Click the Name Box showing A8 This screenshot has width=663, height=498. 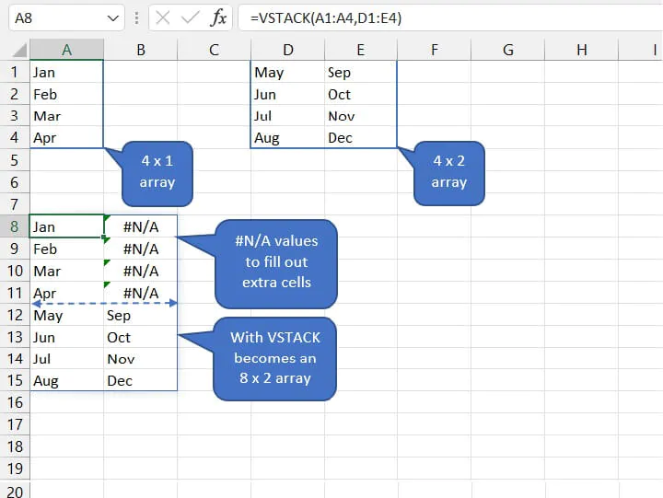click(66, 17)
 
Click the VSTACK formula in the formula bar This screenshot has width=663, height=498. click(326, 17)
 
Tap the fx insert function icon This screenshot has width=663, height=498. click(218, 17)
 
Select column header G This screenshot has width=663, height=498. click(507, 50)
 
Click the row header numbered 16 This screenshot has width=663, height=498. click(15, 402)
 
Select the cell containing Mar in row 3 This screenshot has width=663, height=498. click(66, 116)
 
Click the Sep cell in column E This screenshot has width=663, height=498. click(361, 73)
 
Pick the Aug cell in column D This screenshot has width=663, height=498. click(287, 138)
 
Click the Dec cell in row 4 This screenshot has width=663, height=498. click(361, 138)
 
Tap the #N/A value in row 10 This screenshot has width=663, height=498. click(141, 271)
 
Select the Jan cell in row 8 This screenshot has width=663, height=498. click(66, 226)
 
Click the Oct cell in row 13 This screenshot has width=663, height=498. click(140, 337)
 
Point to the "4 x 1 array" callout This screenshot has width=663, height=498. click(157, 173)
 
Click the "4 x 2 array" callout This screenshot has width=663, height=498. click(448, 173)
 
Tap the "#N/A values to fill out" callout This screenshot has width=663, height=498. click(276, 263)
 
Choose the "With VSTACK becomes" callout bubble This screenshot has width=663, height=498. click(274, 358)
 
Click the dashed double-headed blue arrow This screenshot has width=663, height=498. click(104, 303)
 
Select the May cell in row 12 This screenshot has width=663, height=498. click(66, 316)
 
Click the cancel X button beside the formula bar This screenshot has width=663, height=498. click(163, 17)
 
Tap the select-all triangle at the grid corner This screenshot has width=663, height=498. click(20, 51)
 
